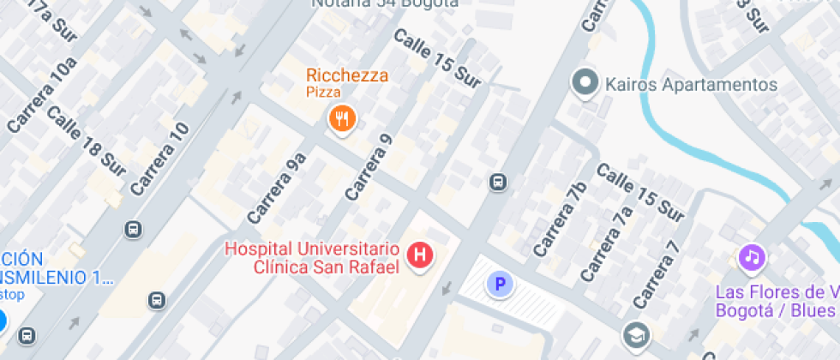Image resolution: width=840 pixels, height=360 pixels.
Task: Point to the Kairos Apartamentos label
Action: [x=691, y=85]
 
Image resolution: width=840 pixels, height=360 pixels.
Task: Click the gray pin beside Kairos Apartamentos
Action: [x=585, y=83]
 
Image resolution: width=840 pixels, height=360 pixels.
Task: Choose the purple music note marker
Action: [x=752, y=256]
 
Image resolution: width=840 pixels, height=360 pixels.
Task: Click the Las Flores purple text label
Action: [x=776, y=300]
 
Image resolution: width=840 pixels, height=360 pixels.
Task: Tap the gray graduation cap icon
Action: [x=636, y=333]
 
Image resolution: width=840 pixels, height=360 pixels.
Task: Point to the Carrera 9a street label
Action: [x=277, y=187]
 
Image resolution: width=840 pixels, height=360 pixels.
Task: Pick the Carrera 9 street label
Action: [x=369, y=168]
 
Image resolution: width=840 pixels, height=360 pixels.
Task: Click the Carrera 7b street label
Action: [x=560, y=219]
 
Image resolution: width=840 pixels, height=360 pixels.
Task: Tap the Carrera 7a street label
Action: [x=607, y=244]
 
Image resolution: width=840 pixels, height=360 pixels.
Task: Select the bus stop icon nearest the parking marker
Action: [x=497, y=182]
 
